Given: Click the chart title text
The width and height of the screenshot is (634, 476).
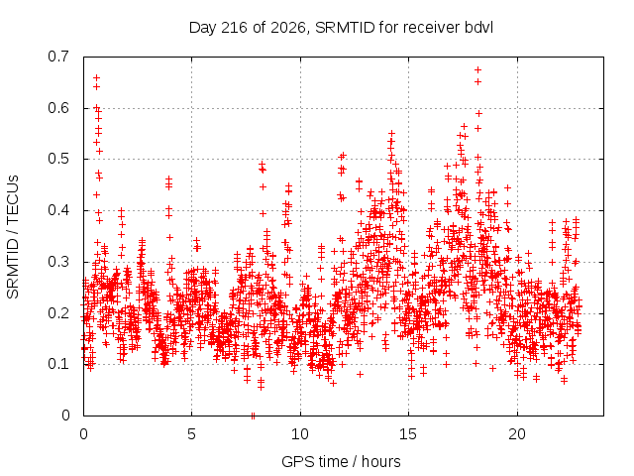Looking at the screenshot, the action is [x=341, y=28].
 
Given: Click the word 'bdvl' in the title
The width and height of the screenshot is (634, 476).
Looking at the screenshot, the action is [x=478, y=28].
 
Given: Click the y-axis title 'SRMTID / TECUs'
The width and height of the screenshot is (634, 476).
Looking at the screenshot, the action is [x=13, y=237].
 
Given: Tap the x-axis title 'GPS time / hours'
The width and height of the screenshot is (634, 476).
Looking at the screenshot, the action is [x=341, y=461].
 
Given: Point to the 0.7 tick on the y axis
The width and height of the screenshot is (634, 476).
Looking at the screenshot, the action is [x=58, y=57].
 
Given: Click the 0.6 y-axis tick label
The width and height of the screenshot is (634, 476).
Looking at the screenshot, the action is [x=58, y=108].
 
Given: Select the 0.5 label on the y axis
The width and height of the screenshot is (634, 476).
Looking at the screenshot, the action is [x=58, y=159].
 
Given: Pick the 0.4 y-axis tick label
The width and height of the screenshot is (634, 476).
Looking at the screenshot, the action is [x=58, y=210].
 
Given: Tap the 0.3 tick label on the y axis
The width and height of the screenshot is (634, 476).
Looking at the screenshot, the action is [x=58, y=262].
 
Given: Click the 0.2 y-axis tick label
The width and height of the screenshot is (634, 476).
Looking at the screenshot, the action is [x=58, y=313].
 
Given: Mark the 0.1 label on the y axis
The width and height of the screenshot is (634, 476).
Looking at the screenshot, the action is [x=58, y=364].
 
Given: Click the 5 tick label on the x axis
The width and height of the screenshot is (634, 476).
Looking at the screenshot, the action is [x=191, y=434].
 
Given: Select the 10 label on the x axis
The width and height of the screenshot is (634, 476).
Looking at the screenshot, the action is [x=299, y=434].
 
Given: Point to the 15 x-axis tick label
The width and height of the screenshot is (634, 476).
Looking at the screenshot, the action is [x=408, y=434].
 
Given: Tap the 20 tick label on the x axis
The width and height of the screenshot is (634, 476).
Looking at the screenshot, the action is [x=517, y=434].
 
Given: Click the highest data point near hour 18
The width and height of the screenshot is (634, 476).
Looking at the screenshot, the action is [x=477, y=70].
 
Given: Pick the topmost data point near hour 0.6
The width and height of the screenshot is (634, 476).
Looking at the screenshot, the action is [x=96, y=77].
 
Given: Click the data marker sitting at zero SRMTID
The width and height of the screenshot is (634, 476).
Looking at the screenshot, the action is [x=254, y=416].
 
